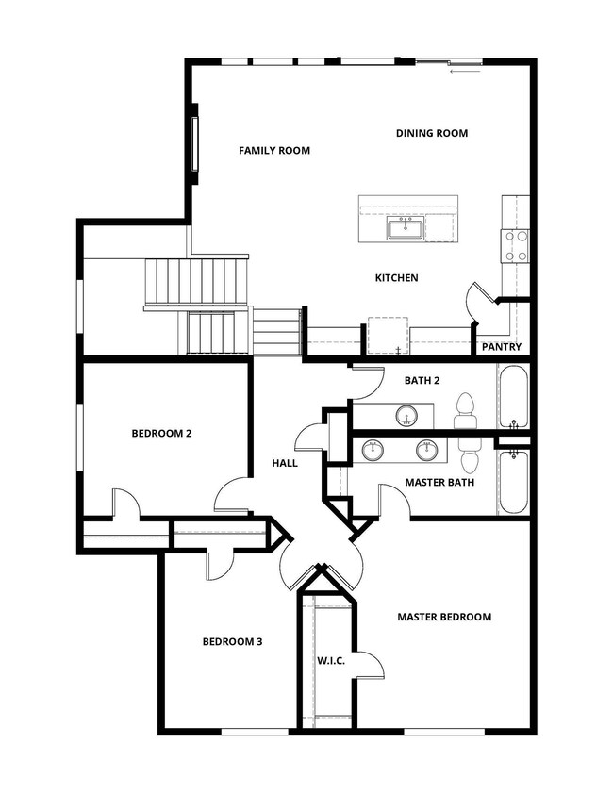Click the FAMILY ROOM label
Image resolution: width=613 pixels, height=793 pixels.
pyautogui.click(x=274, y=150)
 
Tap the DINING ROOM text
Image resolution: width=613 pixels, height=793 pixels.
pyautogui.click(x=431, y=133)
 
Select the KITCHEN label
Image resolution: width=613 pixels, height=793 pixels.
pyautogui.click(x=396, y=277)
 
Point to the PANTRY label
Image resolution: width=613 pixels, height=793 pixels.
pyautogui.click(x=501, y=347)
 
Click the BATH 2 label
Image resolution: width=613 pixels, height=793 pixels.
pyautogui.click(x=422, y=380)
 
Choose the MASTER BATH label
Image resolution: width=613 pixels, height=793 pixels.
pyautogui.click(x=439, y=483)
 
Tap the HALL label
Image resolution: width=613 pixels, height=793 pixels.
pyautogui.click(x=285, y=463)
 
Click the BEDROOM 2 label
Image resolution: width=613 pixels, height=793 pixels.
pyautogui.click(x=161, y=434)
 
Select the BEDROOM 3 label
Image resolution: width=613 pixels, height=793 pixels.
pyautogui.click(x=232, y=642)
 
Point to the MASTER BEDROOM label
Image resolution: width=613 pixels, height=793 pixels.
pyautogui.click(x=444, y=617)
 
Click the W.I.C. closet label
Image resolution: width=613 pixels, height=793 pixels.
pyautogui.click(x=331, y=660)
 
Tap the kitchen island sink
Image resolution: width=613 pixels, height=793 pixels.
pyautogui.click(x=406, y=228)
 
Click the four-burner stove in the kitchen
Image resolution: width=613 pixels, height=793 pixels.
pyautogui.click(x=515, y=246)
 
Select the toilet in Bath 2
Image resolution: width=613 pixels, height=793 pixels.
pyautogui.click(x=464, y=410)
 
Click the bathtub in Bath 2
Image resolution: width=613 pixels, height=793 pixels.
pyautogui.click(x=513, y=397)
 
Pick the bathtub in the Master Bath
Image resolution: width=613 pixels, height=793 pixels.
pyautogui.click(x=513, y=481)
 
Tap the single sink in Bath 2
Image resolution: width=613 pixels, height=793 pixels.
pyautogui.click(x=406, y=416)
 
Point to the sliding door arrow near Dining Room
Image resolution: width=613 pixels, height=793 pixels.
pyautogui.click(x=465, y=72)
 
